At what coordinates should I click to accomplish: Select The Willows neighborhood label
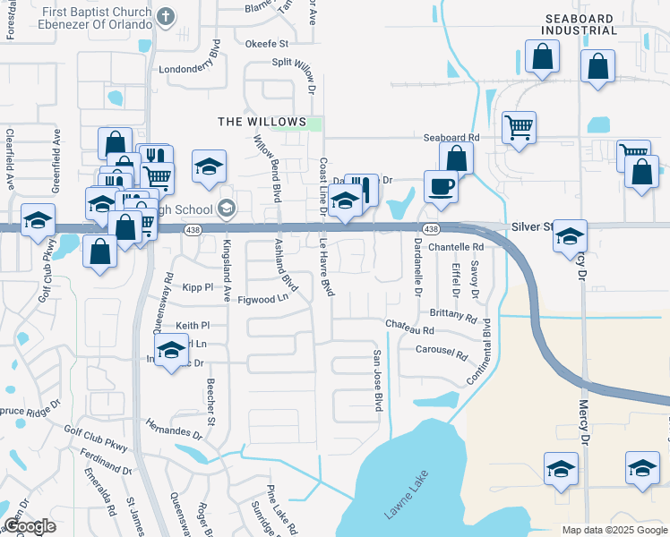click(x=262, y=122)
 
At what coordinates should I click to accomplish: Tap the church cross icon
click(x=165, y=17)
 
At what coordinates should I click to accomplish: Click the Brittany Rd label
click(x=453, y=316)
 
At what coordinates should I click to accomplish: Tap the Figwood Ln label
click(x=262, y=300)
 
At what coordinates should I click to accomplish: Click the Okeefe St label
click(x=266, y=43)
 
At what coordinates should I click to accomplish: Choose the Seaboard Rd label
click(x=451, y=138)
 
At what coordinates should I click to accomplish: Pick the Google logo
click(x=30, y=526)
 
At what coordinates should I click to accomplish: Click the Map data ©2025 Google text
click(x=614, y=530)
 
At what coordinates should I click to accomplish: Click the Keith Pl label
click(x=193, y=326)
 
